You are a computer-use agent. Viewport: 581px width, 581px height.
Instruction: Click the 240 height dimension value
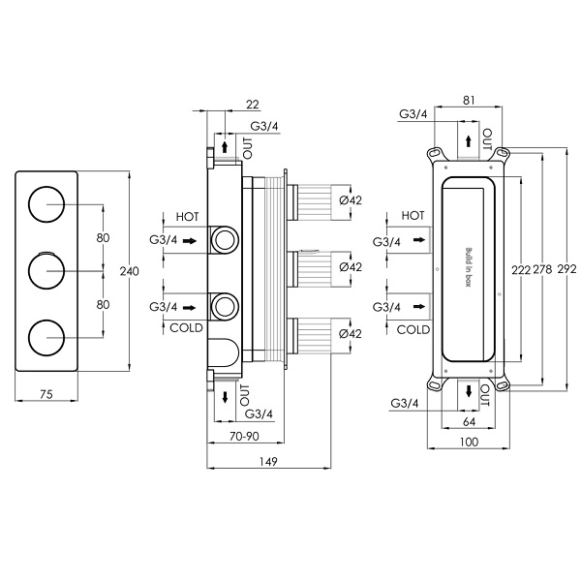coord(140,271)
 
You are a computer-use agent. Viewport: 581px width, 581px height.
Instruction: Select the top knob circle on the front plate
coord(46,204)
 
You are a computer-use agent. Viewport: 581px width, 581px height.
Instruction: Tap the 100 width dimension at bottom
coord(469,442)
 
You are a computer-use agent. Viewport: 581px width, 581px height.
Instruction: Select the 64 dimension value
coord(470,421)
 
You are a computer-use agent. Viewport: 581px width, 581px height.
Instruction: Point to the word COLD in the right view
coord(413,329)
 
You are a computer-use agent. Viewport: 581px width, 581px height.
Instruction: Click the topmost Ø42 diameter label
coord(351,200)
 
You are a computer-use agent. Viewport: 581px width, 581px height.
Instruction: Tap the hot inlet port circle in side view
coord(225,238)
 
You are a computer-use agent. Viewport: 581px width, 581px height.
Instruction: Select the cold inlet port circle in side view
coord(225,307)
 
